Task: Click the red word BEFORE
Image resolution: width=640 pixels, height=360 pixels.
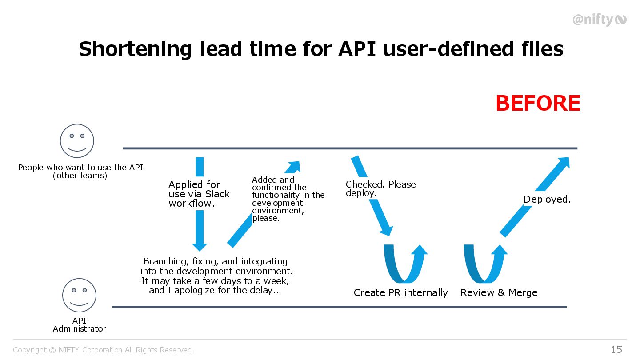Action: click(538, 104)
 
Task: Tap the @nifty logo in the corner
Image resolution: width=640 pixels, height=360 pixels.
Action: click(599, 20)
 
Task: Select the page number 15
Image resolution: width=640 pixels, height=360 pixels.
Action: click(616, 349)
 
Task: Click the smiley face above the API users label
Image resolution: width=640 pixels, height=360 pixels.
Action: click(77, 141)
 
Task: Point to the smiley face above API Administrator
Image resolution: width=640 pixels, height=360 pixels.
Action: click(79, 295)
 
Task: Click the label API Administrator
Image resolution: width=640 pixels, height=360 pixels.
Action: click(79, 325)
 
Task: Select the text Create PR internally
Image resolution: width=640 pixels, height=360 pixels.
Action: click(400, 292)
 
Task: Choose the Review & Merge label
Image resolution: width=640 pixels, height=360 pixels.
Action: click(499, 292)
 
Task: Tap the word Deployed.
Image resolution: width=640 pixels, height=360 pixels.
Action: click(547, 200)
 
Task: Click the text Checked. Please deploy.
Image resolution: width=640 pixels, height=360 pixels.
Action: click(380, 188)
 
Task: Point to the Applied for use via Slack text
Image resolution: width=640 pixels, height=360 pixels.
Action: click(199, 194)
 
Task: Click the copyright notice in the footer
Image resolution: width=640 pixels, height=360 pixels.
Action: click(104, 350)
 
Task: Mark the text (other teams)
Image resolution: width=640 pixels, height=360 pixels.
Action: click(80, 176)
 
